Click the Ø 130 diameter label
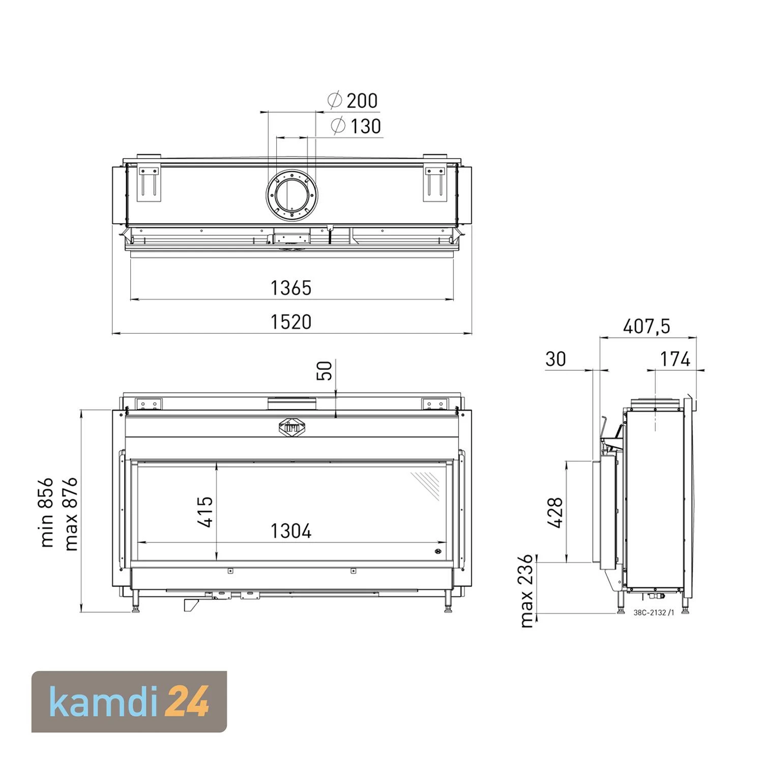point(356,126)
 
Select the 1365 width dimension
point(290,288)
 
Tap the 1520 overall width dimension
point(290,322)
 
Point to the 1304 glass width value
point(290,531)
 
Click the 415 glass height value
point(205,512)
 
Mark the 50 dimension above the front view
point(324,370)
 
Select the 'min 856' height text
point(46,512)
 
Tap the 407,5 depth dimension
point(647,326)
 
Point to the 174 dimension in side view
point(675,359)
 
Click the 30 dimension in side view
point(555,359)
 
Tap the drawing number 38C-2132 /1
point(654,613)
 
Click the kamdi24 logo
point(129,701)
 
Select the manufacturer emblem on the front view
point(292,428)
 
